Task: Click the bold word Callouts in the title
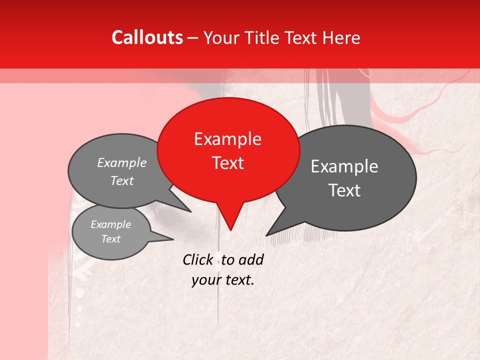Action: tap(147, 37)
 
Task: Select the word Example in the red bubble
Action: tap(227, 139)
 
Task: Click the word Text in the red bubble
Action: tap(227, 163)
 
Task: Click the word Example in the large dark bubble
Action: tap(344, 166)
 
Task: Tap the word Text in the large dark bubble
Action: tap(344, 190)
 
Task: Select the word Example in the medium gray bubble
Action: tap(122, 163)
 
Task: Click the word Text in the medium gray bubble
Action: tap(122, 180)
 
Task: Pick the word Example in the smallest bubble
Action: tap(110, 224)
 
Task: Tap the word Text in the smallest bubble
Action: tap(110, 239)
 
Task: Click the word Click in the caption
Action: tap(198, 259)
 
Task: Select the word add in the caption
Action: tap(251, 259)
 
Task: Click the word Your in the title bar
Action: tap(221, 37)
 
